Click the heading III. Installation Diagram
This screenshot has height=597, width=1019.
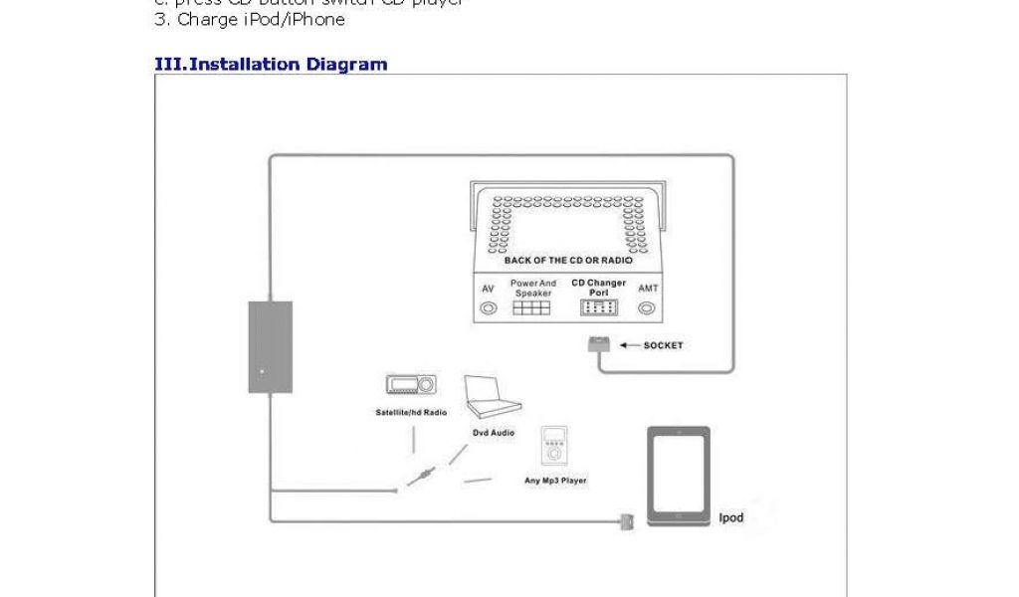271,65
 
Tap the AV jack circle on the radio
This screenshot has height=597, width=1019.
488,308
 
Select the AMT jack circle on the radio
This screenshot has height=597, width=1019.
648,308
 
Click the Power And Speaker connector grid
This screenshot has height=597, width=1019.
532,308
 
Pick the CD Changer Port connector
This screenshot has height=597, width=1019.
598,308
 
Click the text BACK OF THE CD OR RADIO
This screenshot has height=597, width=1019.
568,261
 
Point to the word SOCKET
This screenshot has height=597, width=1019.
663,346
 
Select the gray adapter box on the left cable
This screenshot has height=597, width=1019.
264,347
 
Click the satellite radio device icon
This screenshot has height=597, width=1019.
409,386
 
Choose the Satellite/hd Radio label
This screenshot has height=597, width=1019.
411,411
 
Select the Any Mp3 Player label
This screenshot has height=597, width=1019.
555,481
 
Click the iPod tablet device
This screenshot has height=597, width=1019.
679,476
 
